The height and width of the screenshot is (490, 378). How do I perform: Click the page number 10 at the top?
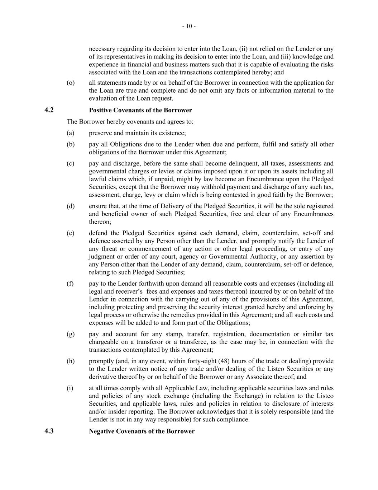click(189, 26)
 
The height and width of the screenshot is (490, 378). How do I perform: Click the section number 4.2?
click(49, 110)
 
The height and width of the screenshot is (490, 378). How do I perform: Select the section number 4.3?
click(49, 431)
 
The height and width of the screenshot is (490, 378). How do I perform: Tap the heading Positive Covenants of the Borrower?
click(140, 110)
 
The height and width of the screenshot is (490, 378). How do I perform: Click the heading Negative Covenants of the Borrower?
click(142, 431)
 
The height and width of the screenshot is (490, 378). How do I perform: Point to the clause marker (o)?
click(71, 83)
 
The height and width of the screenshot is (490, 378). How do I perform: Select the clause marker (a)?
click(70, 133)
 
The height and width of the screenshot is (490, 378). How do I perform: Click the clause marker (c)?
click(70, 164)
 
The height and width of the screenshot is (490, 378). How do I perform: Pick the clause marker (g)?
click(71, 334)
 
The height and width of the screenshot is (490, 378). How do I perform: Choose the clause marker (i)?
click(70, 388)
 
